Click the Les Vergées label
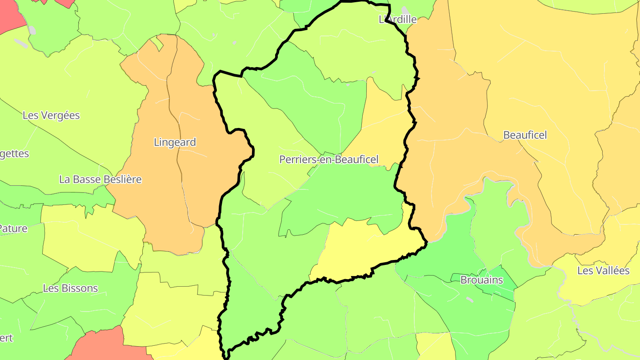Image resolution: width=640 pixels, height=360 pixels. [x=51, y=116]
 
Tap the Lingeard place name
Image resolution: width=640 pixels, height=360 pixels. [x=175, y=142]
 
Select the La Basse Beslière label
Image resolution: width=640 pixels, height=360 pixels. [x=100, y=180]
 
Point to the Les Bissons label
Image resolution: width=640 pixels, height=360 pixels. [x=70, y=288]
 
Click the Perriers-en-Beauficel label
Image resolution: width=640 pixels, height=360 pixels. [x=329, y=159]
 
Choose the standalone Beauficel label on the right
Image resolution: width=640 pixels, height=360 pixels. [x=525, y=135]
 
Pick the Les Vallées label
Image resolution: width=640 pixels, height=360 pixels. [x=604, y=270]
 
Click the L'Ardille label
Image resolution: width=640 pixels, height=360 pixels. [x=398, y=19]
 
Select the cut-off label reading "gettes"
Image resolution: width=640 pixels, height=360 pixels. [x=14, y=154]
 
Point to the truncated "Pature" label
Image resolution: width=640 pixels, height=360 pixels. [x=13, y=229]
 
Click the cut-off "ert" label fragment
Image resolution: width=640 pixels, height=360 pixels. [x=6, y=338]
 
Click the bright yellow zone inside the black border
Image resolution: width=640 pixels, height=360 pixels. [x=364, y=249]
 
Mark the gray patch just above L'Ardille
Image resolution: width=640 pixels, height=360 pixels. [x=404, y=10]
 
